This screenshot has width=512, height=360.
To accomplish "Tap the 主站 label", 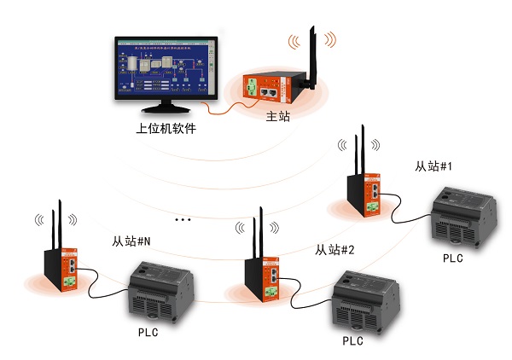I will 278,117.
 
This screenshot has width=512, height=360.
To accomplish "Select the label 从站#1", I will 432,166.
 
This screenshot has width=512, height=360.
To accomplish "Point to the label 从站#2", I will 335,250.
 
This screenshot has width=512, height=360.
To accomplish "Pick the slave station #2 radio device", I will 263,275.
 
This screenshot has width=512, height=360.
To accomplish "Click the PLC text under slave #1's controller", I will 453,258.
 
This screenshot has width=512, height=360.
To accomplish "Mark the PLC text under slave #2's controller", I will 352,340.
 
